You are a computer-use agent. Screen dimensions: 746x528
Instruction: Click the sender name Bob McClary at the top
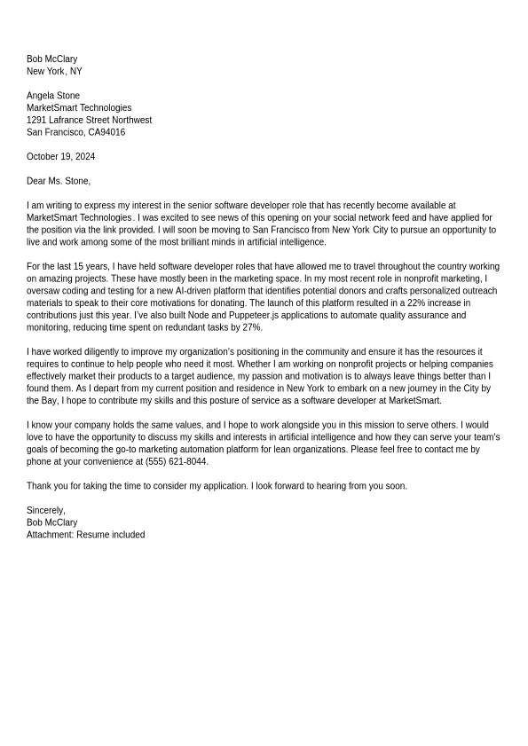51,59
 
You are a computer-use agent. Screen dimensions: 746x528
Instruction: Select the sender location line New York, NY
54,72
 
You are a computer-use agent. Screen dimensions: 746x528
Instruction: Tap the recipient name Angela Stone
53,96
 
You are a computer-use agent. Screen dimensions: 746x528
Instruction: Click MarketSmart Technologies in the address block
79,108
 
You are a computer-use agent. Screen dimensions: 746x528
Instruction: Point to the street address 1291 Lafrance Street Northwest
89,121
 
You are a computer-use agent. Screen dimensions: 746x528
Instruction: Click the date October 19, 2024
60,157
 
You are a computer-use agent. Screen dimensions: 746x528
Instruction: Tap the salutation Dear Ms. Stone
59,182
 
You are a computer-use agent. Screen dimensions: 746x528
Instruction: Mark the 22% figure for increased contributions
416,303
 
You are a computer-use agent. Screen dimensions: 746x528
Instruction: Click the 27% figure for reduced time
252,327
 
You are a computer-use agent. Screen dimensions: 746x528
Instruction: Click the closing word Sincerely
45,511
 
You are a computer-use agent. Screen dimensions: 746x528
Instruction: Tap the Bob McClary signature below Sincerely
51,523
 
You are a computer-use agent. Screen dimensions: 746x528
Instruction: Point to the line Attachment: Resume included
85,536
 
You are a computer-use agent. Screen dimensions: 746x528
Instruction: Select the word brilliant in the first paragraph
189,242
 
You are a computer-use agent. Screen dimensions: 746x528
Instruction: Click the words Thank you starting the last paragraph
46,487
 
